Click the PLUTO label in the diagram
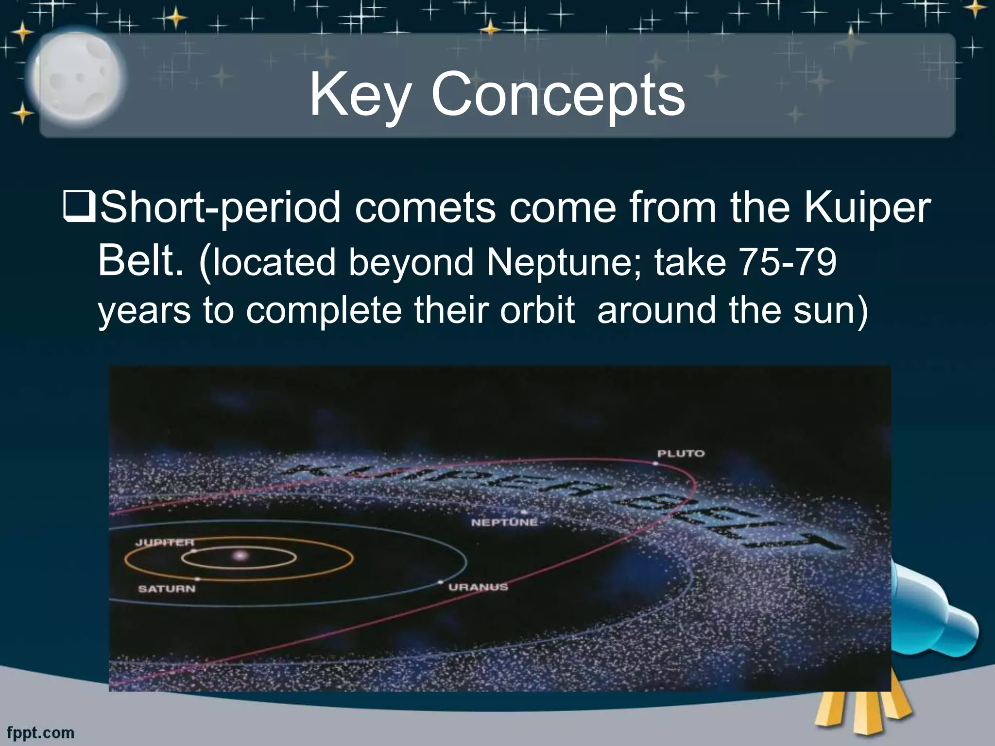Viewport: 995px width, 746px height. (681, 454)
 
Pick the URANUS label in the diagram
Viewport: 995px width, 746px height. (478, 587)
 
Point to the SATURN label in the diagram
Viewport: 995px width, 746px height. (167, 589)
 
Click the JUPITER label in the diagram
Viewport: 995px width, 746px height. (164, 543)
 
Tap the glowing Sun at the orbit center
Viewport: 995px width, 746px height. (239, 556)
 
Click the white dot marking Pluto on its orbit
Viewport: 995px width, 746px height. (655, 464)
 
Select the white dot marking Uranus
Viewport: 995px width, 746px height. (441, 582)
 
